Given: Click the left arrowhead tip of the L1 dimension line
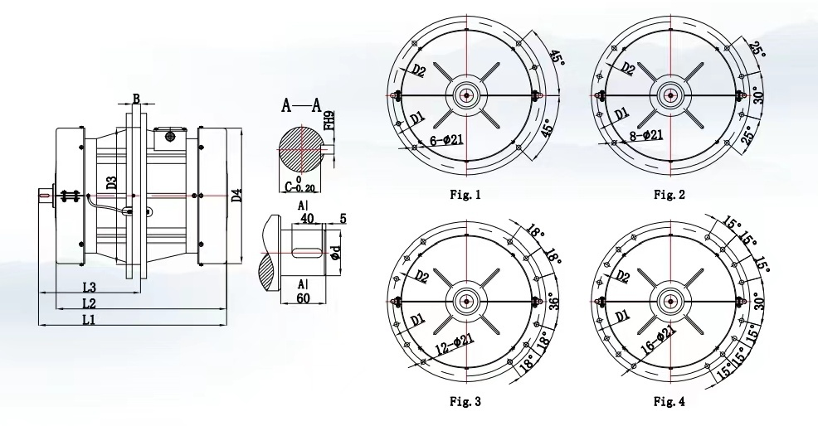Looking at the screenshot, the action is [39, 325].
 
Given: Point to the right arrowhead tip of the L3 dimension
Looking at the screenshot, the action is [141, 293].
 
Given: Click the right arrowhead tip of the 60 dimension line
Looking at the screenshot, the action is [325, 303].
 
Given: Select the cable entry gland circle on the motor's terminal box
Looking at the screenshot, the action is [169, 137].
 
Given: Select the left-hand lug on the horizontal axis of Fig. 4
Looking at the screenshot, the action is [598, 300].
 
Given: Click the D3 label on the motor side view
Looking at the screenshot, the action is [111, 183].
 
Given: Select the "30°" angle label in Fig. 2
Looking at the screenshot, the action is [758, 96].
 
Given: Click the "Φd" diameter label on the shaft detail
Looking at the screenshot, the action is [337, 254].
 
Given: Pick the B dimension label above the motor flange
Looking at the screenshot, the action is [135, 99].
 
